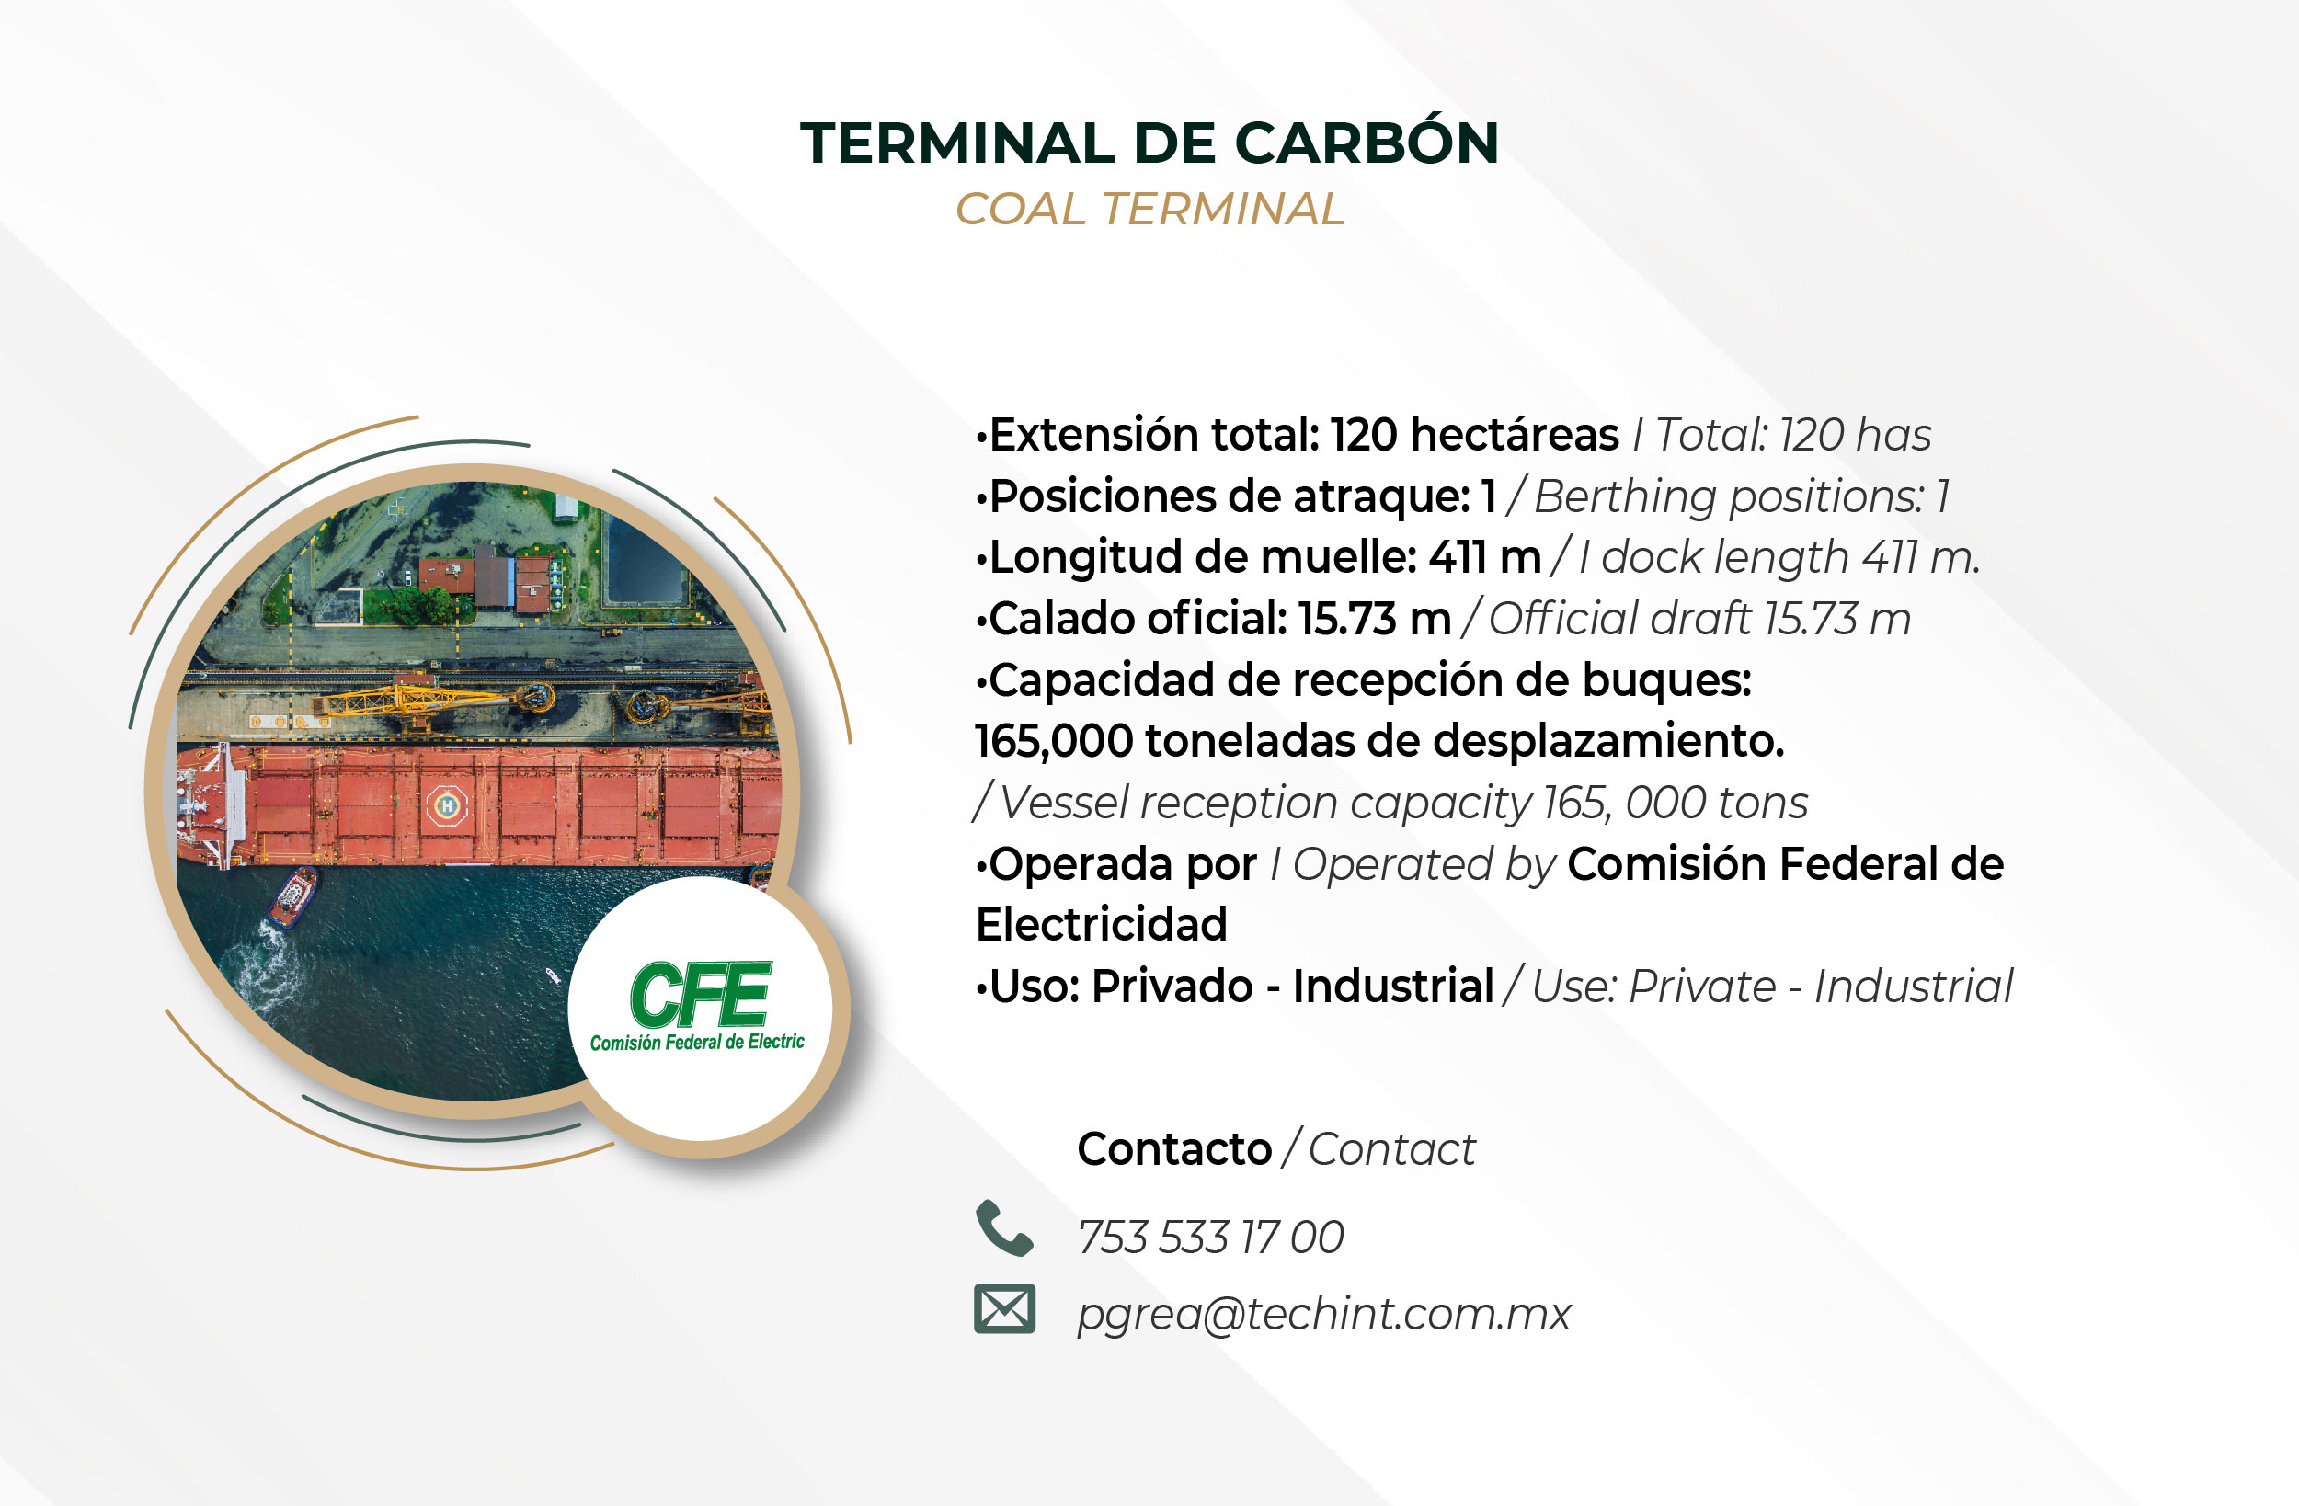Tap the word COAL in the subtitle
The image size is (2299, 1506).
(1020, 210)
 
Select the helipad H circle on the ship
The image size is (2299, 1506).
(446, 804)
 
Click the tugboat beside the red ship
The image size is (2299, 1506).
(292, 896)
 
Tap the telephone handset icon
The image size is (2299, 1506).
(1004, 1227)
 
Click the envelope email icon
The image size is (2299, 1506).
(1004, 1309)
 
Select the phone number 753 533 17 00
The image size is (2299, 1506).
(1210, 1238)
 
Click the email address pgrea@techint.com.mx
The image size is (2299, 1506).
(1324, 1315)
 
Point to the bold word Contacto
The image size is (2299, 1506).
(1173, 1149)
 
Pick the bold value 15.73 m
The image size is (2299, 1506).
(1375, 619)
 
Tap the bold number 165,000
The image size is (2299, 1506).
(1053, 742)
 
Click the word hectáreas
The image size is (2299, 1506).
(1515, 435)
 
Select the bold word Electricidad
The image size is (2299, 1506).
(1101, 924)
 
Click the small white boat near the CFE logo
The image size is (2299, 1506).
(553, 975)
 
